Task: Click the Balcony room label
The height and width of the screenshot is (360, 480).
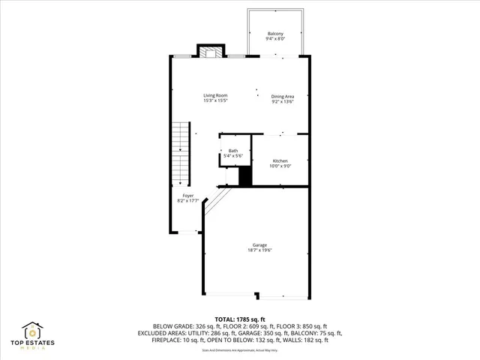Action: point(275,34)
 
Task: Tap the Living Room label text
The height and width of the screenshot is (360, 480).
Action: point(216,95)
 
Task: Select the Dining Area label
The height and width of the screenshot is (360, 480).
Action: point(283,95)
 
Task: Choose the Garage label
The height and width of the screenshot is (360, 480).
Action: point(259,245)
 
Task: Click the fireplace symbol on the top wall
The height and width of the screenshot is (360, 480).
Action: point(210,52)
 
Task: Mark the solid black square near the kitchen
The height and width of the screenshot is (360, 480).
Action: point(244,177)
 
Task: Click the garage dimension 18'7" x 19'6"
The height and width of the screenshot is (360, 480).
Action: point(259,250)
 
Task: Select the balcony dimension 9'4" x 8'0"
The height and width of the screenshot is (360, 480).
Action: point(275,39)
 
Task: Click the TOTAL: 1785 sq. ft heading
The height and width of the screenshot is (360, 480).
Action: point(240,319)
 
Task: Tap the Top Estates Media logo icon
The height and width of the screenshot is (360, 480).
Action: point(33,331)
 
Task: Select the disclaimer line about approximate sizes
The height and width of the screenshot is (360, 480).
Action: point(240,350)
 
